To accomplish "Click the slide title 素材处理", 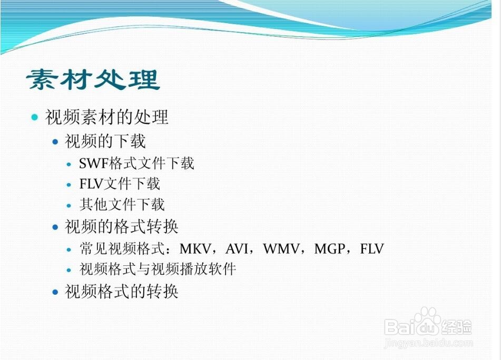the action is [93, 79].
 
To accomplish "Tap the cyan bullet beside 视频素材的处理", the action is [35, 117].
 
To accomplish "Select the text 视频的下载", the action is [105, 141].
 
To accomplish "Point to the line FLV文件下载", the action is [120, 184].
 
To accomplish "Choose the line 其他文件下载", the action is [122, 205].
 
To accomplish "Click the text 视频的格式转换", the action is [121, 227].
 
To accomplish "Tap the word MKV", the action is [195, 249].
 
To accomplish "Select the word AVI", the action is [237, 249].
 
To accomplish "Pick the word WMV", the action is [281, 249].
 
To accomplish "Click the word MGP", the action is [330, 249].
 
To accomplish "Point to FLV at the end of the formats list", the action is [372, 249].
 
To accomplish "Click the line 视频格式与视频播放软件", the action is [158, 269].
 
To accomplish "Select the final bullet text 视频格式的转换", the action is [121, 292].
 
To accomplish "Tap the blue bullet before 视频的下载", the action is [56, 142].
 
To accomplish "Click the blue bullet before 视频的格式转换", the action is [56, 227].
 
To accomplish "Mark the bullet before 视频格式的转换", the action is [56, 292].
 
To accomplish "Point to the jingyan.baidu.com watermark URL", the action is [429, 343].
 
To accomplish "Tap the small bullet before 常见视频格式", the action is [69, 249].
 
